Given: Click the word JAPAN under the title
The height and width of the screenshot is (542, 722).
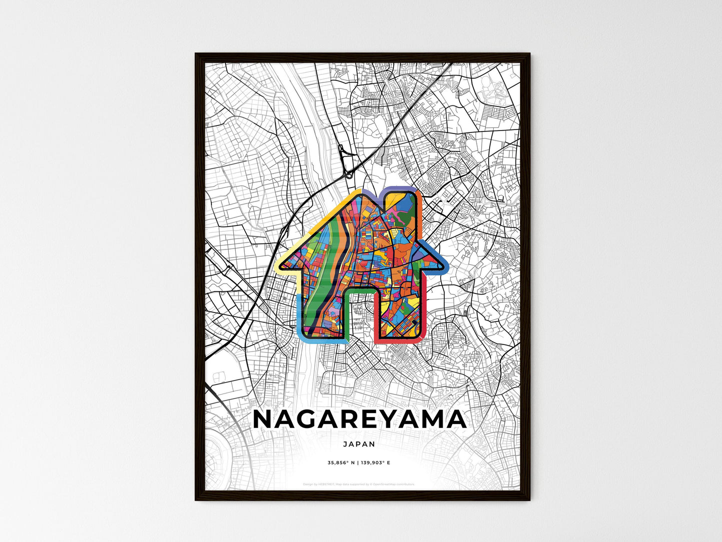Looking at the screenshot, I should pos(359,444).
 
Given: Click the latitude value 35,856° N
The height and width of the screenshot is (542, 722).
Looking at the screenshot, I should pos(341,463).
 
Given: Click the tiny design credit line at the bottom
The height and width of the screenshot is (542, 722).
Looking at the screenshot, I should pos(359,484).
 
